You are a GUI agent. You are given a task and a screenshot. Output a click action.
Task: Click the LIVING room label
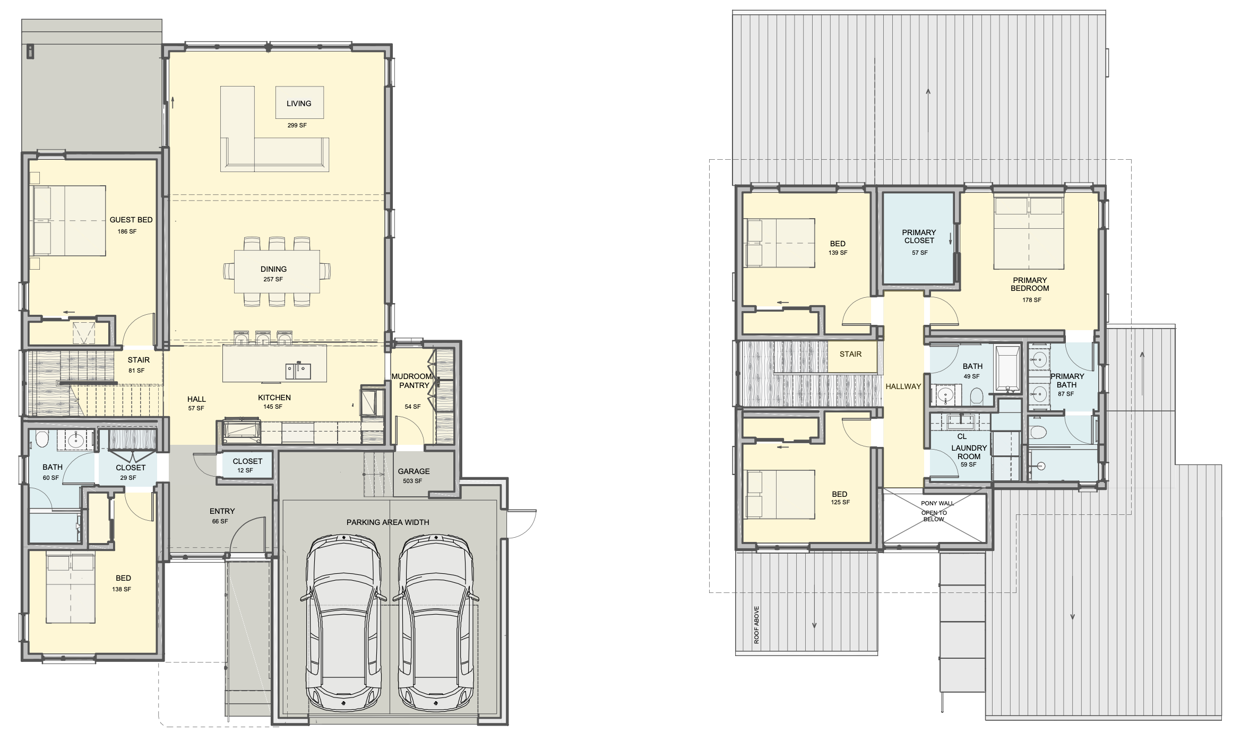click(299, 104)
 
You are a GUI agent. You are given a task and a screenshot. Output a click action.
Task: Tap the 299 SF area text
click(297, 125)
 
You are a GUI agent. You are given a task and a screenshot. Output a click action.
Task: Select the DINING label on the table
click(273, 269)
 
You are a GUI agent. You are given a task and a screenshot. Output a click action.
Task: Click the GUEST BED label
click(131, 220)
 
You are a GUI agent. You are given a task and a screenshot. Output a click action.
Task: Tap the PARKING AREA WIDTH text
click(388, 522)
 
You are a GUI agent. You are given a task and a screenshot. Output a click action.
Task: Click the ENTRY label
click(222, 511)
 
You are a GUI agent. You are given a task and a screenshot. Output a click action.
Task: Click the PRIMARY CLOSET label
click(919, 236)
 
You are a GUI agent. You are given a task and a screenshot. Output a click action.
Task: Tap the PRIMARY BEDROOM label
click(1030, 284)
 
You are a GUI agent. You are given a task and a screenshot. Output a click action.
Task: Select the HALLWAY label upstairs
click(903, 386)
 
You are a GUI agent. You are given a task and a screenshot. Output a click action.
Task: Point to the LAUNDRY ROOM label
click(969, 452)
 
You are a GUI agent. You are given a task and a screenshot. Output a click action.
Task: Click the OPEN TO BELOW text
click(934, 516)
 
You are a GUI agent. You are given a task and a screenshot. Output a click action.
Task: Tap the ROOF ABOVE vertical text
click(756, 625)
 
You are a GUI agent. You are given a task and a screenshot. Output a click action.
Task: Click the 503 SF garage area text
click(412, 481)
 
